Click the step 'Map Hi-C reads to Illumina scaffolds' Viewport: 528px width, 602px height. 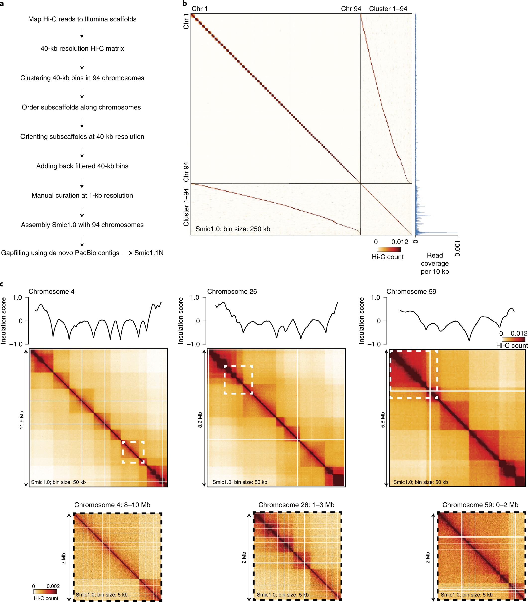[x=82, y=19]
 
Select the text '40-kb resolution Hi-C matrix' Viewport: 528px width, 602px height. [x=82, y=49]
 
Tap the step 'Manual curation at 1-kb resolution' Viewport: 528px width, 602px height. [x=82, y=195]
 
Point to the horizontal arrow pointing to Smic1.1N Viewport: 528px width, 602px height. [x=127, y=253]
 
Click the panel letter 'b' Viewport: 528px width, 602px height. [x=185, y=3]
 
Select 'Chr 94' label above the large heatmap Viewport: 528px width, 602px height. [x=351, y=9]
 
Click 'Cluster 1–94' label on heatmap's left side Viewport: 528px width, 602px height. [x=186, y=207]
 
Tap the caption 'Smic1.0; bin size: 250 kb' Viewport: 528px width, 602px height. [x=233, y=229]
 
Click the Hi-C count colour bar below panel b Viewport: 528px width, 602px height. [x=388, y=249]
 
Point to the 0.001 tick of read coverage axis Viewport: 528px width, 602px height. [x=457, y=248]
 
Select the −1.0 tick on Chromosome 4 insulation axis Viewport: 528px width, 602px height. [x=16, y=344]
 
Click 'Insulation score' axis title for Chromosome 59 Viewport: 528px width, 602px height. [x=361, y=321]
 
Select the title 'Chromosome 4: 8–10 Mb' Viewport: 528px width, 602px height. [x=112, y=505]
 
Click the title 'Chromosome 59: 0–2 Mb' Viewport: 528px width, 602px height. [x=480, y=505]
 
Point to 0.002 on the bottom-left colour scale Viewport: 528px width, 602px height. [x=53, y=586]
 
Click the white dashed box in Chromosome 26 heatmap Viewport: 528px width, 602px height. [x=238, y=366]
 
